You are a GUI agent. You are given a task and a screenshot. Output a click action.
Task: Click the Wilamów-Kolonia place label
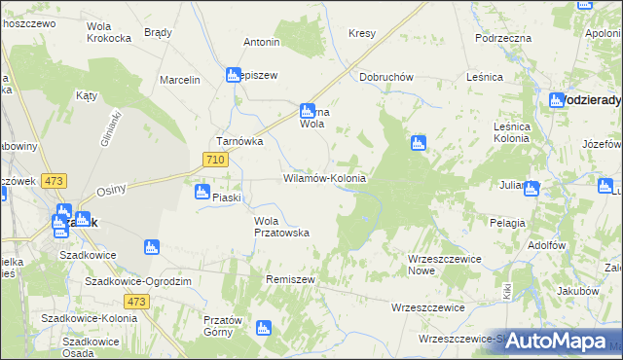click(324, 179)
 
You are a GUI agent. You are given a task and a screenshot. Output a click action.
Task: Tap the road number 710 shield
click(216, 160)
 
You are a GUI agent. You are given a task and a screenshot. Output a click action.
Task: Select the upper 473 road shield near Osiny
click(55, 181)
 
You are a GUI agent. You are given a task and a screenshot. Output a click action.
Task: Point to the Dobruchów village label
click(387, 76)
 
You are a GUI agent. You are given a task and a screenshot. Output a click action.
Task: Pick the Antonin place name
click(262, 43)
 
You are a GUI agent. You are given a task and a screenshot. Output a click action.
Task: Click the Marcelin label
click(180, 80)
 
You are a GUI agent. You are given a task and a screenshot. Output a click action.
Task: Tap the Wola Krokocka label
click(109, 32)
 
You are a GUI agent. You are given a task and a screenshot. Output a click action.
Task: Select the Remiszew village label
click(291, 279)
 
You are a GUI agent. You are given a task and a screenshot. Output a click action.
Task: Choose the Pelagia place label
click(508, 223)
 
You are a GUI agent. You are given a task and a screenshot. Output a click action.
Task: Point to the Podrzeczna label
click(503, 37)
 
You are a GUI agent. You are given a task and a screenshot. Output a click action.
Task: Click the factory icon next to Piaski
click(202, 192)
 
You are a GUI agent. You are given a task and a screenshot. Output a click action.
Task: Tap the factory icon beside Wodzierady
click(557, 100)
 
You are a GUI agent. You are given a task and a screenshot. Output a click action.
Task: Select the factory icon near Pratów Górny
click(262, 328)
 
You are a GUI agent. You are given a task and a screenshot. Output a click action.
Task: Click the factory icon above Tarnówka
click(234, 74)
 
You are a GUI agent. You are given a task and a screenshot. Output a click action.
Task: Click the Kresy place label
click(362, 33)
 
